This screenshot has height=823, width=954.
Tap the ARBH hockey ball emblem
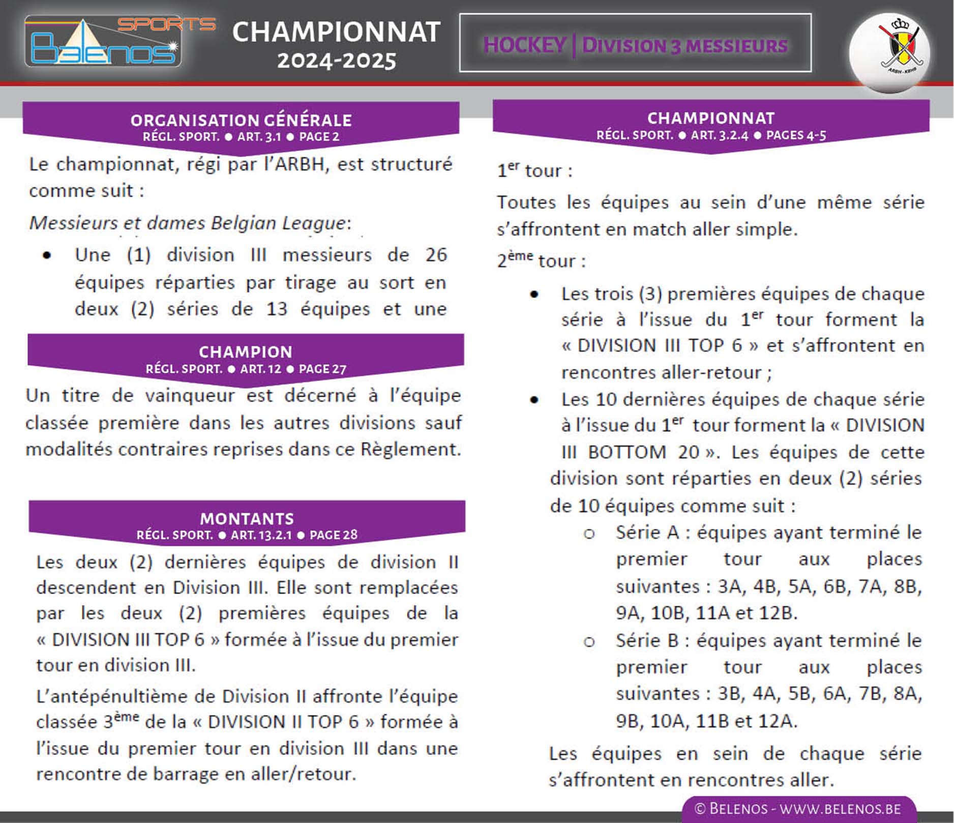coord(890,53)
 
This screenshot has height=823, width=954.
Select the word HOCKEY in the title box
coord(524,45)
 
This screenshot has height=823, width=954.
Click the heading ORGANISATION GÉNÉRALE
coord(241,120)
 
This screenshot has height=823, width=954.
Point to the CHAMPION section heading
coord(246,352)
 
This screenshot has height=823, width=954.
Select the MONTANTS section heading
coord(247,519)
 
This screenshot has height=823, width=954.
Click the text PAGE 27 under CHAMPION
coord(322,369)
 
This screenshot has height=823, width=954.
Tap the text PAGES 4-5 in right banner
coord(796,135)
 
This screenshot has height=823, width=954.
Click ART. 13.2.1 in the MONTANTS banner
coord(261,535)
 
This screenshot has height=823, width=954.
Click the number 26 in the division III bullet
coord(436,255)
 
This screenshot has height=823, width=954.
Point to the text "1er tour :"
coord(534,171)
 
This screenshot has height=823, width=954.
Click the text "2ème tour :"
coord(541,260)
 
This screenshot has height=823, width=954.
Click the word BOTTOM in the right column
coord(627,452)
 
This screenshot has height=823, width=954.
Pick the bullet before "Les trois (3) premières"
coord(534,295)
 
